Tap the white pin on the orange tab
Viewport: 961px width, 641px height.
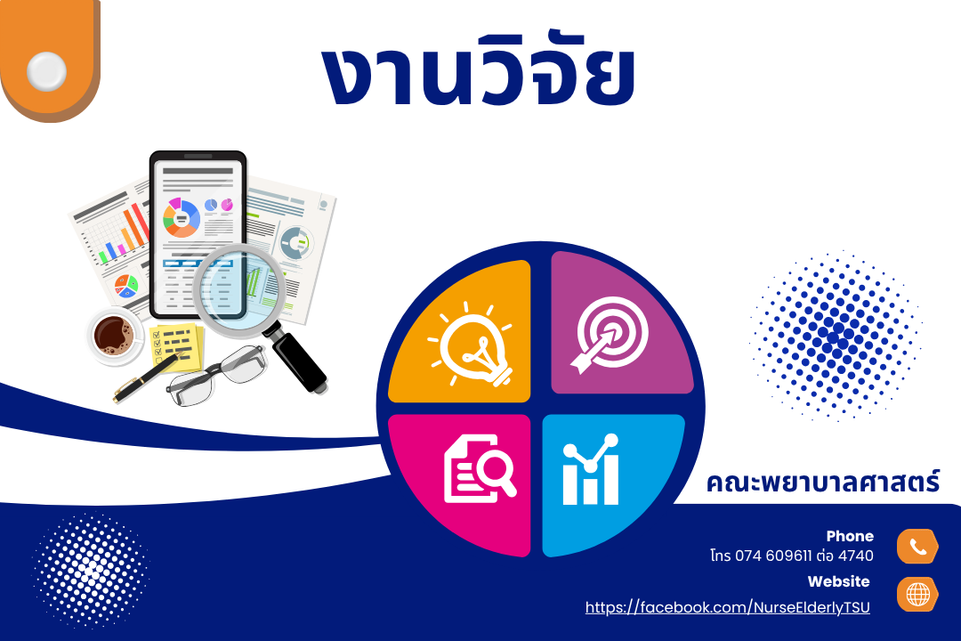(x=46, y=71)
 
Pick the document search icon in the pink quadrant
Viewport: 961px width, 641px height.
(x=480, y=468)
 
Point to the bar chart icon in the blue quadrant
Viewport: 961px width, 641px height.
(x=591, y=470)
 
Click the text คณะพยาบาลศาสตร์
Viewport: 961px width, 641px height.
(x=822, y=482)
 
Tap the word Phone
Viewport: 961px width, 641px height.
(x=850, y=536)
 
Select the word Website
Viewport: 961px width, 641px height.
(x=838, y=581)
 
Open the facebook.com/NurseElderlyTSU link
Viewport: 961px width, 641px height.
(x=728, y=607)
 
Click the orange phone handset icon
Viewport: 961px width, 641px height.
(x=917, y=546)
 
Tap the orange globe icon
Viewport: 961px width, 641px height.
(x=917, y=595)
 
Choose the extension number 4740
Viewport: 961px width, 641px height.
(x=856, y=556)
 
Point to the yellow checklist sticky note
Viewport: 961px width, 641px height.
(x=176, y=347)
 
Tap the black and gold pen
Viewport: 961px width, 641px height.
(x=147, y=377)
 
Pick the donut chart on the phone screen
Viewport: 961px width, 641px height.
(x=182, y=218)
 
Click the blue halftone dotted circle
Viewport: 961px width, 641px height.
(x=835, y=336)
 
